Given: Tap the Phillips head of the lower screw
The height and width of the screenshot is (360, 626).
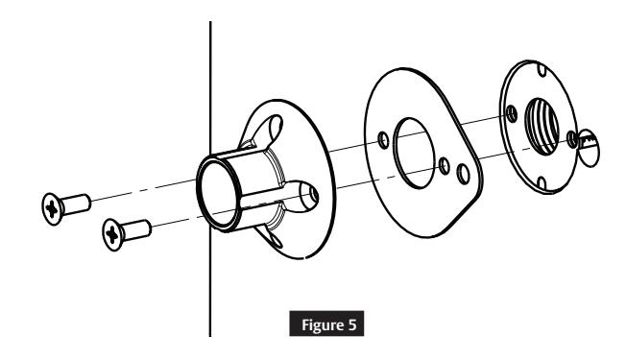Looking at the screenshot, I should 113,231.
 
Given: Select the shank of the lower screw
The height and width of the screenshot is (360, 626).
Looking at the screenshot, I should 140,228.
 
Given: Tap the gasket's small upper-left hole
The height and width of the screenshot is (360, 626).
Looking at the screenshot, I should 384,140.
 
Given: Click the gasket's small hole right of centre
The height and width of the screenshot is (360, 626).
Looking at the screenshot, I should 443,164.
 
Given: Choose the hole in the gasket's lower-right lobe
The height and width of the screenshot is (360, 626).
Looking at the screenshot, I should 465,173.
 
